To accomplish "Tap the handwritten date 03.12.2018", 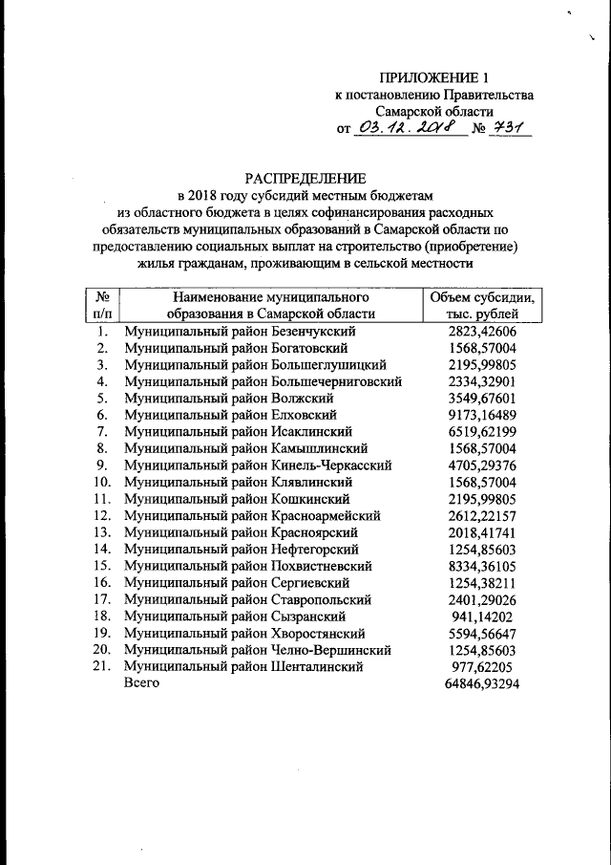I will click(x=410, y=128).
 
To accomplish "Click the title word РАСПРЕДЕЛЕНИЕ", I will click(x=305, y=178).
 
